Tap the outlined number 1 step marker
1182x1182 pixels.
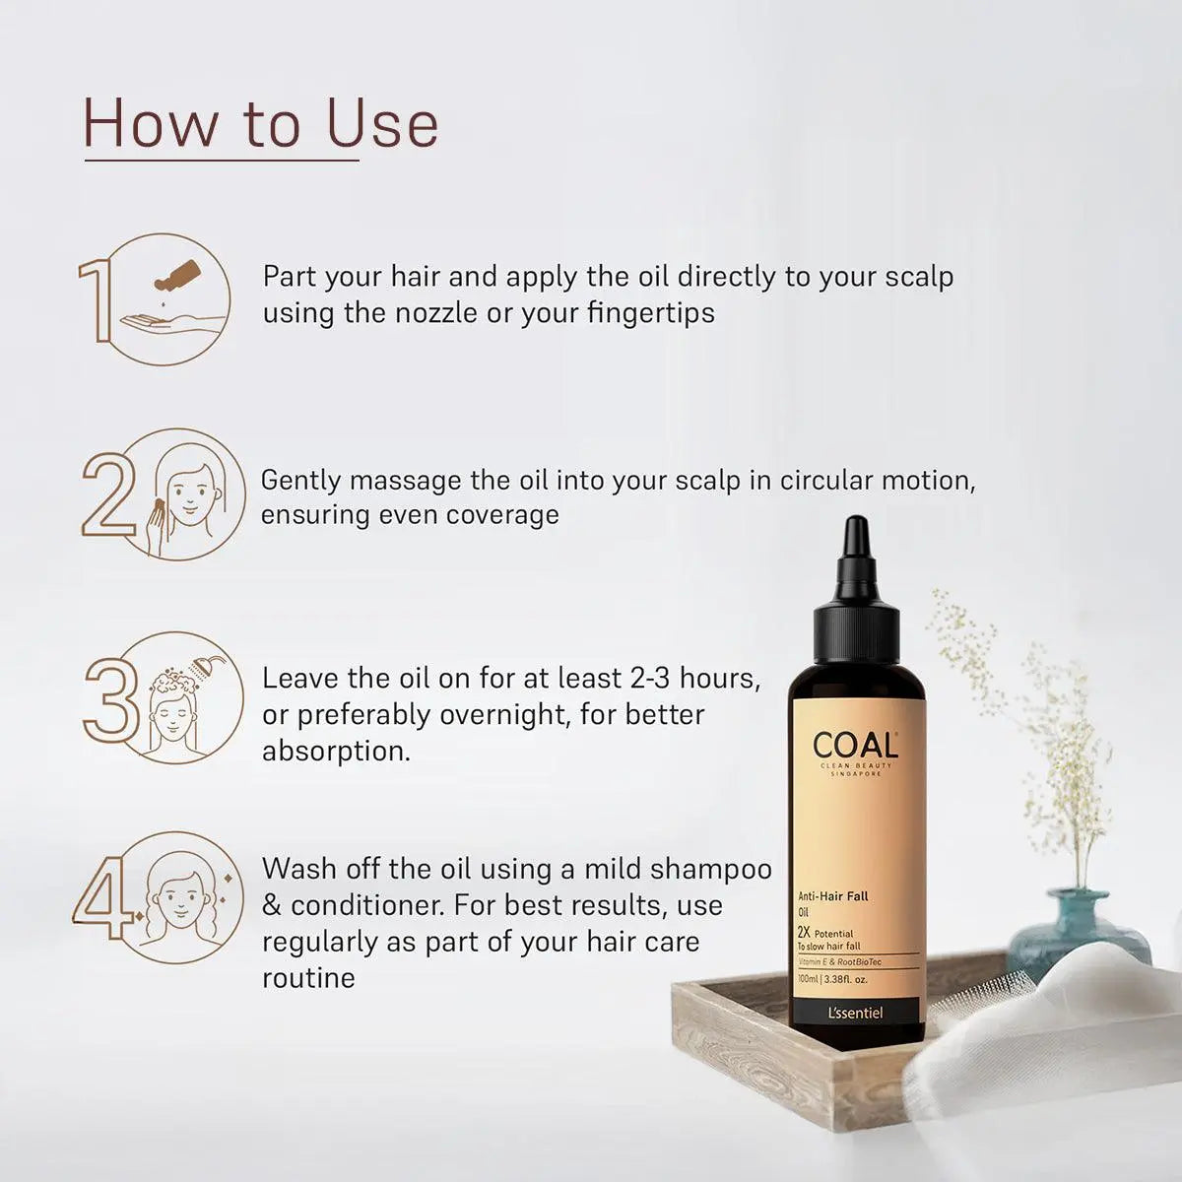pyautogui.click(x=98, y=301)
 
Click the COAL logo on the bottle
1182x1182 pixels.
pyautogui.click(x=855, y=746)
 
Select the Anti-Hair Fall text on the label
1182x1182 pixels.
pyautogui.click(x=833, y=896)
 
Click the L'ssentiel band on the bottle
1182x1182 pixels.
pyautogui.click(x=855, y=1013)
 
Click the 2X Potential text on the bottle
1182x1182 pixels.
pyautogui.click(x=825, y=933)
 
